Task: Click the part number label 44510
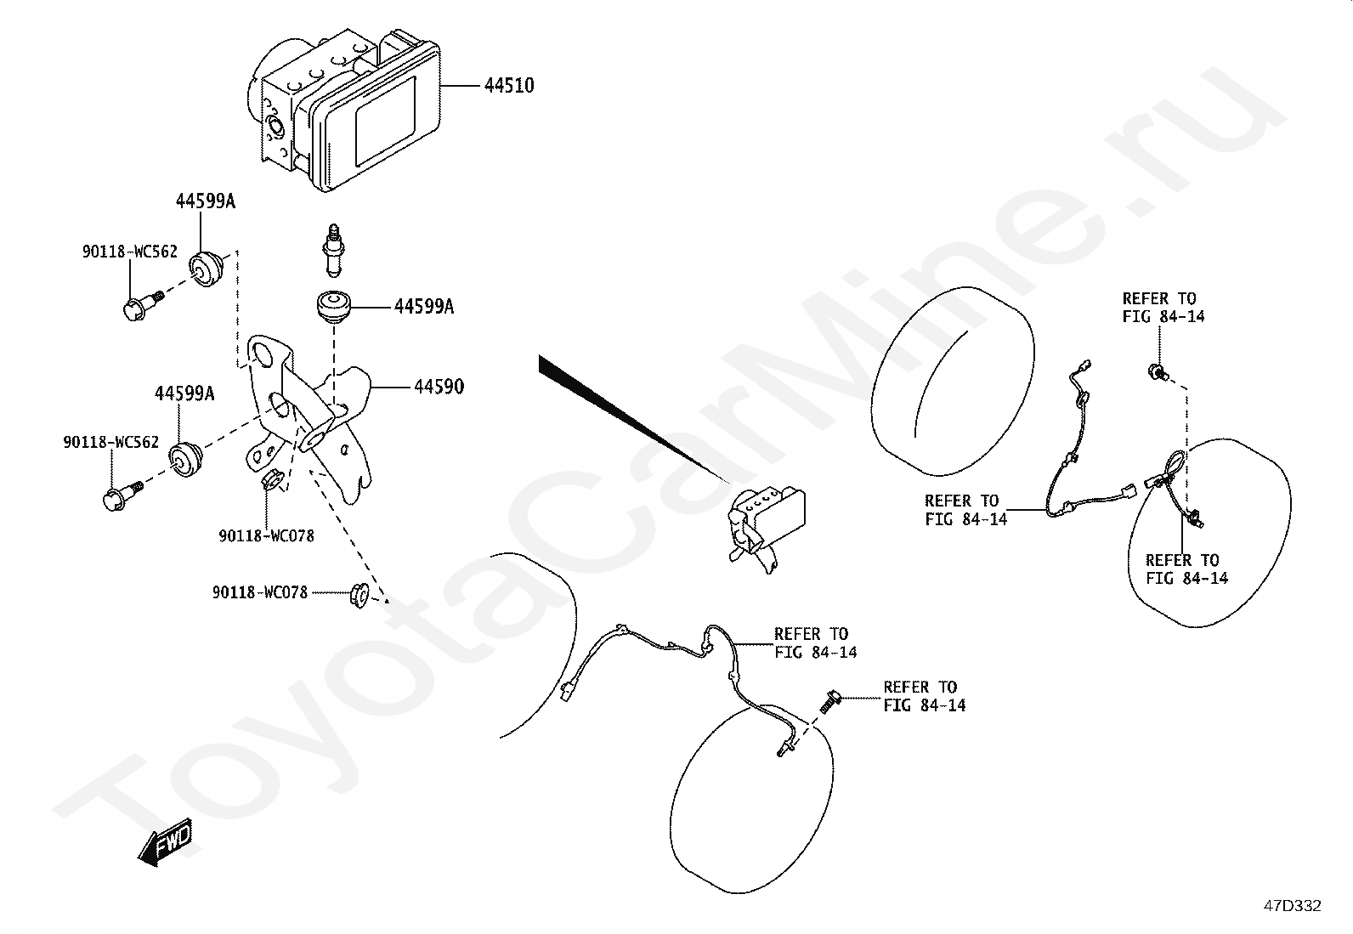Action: click(509, 86)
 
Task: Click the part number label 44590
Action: click(439, 388)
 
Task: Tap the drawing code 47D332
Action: click(1292, 905)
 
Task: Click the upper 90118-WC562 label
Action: click(130, 252)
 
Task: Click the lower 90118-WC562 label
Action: click(110, 443)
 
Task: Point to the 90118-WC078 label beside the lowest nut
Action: click(259, 593)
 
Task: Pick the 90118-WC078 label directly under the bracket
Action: click(266, 536)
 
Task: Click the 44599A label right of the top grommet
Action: click(423, 307)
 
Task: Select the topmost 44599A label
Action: click(205, 201)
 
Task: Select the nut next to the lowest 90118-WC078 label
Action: click(358, 594)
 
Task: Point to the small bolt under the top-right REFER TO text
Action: click(1158, 371)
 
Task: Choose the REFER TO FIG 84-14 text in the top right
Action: click(1162, 308)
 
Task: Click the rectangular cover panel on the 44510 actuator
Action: click(384, 121)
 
